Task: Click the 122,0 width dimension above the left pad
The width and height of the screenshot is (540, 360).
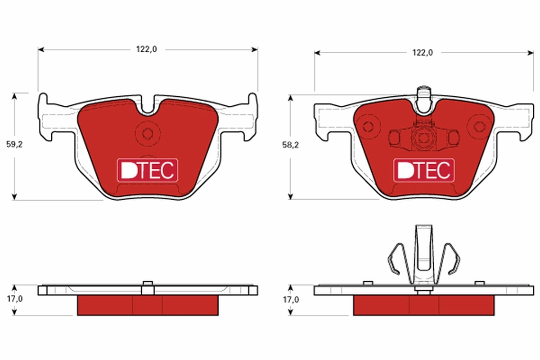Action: pos(147,49)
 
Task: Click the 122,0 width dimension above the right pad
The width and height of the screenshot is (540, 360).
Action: pos(423,53)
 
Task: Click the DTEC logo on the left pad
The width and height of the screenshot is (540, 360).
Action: pos(148,171)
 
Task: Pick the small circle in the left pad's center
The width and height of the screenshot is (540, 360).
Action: pos(147,133)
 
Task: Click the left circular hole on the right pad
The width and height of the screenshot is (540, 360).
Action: pos(369,127)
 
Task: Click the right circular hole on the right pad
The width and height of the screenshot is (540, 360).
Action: pos(477,127)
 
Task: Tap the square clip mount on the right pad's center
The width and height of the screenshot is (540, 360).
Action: pos(423,138)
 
